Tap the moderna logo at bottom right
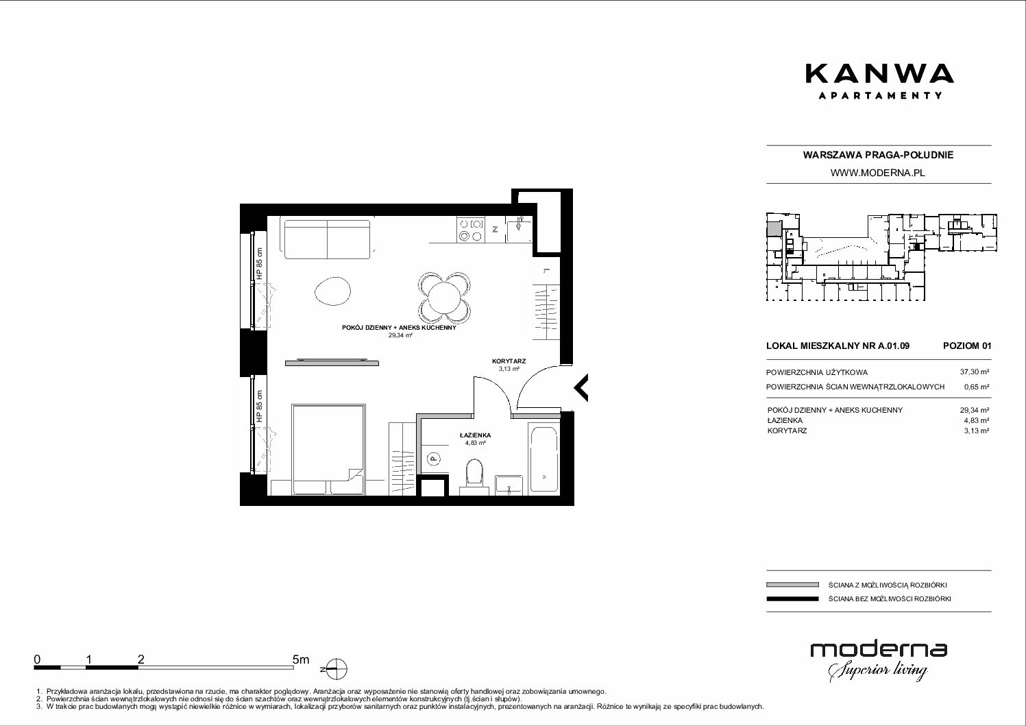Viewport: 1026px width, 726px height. click(x=879, y=662)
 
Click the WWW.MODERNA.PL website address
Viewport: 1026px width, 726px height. click(x=879, y=173)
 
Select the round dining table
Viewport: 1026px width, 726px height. click(x=444, y=298)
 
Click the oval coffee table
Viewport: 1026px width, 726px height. click(x=333, y=291)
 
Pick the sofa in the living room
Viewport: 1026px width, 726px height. click(x=328, y=239)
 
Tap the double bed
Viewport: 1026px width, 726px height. click(x=328, y=449)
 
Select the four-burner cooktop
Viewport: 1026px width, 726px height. click(x=471, y=230)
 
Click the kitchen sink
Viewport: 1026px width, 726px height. click(x=519, y=230)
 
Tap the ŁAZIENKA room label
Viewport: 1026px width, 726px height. click(x=475, y=435)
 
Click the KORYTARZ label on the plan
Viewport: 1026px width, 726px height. click(x=509, y=361)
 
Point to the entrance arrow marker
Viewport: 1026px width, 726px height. click(x=581, y=387)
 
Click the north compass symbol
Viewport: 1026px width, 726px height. click(x=336, y=669)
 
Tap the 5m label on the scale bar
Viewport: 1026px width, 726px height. click(x=301, y=659)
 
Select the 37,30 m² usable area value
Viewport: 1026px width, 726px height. click(x=974, y=372)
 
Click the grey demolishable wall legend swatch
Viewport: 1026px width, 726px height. click(x=792, y=585)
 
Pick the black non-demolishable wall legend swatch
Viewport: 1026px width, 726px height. click(x=792, y=598)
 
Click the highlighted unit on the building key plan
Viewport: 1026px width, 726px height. click(x=774, y=228)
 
